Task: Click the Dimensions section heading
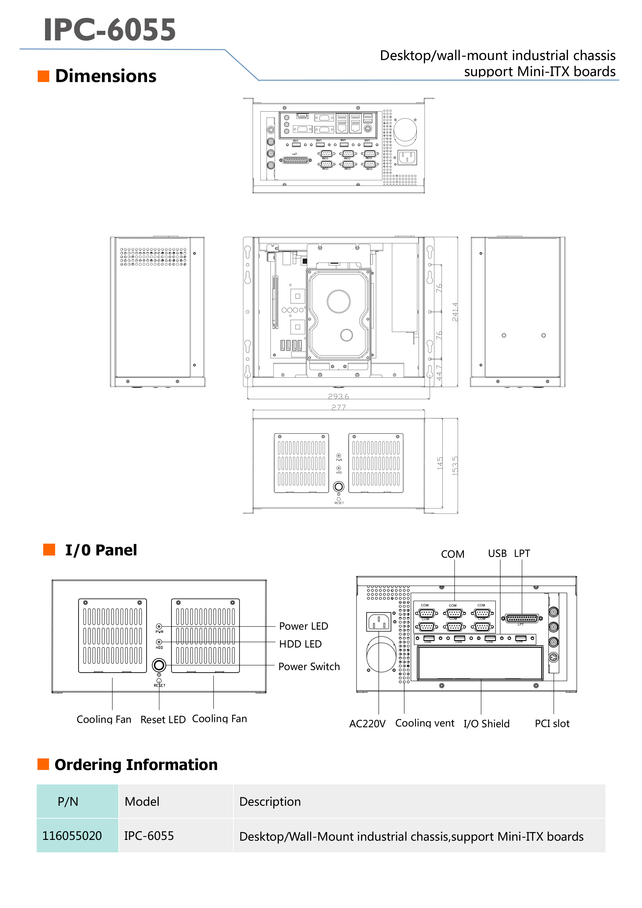pyautogui.click(x=106, y=76)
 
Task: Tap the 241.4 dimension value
pyautogui.click(x=455, y=312)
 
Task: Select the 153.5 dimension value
pyautogui.click(x=455, y=466)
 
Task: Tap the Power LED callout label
pyautogui.click(x=303, y=626)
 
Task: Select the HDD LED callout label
pyautogui.click(x=300, y=644)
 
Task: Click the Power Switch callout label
pyautogui.click(x=309, y=666)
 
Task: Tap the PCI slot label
pyautogui.click(x=552, y=723)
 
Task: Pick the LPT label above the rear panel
pyautogui.click(x=522, y=553)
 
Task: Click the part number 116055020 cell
pyautogui.click(x=72, y=836)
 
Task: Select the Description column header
pyautogui.click(x=270, y=801)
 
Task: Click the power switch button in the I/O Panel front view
pyautogui.click(x=159, y=665)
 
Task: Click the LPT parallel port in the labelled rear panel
pyautogui.click(x=522, y=618)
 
